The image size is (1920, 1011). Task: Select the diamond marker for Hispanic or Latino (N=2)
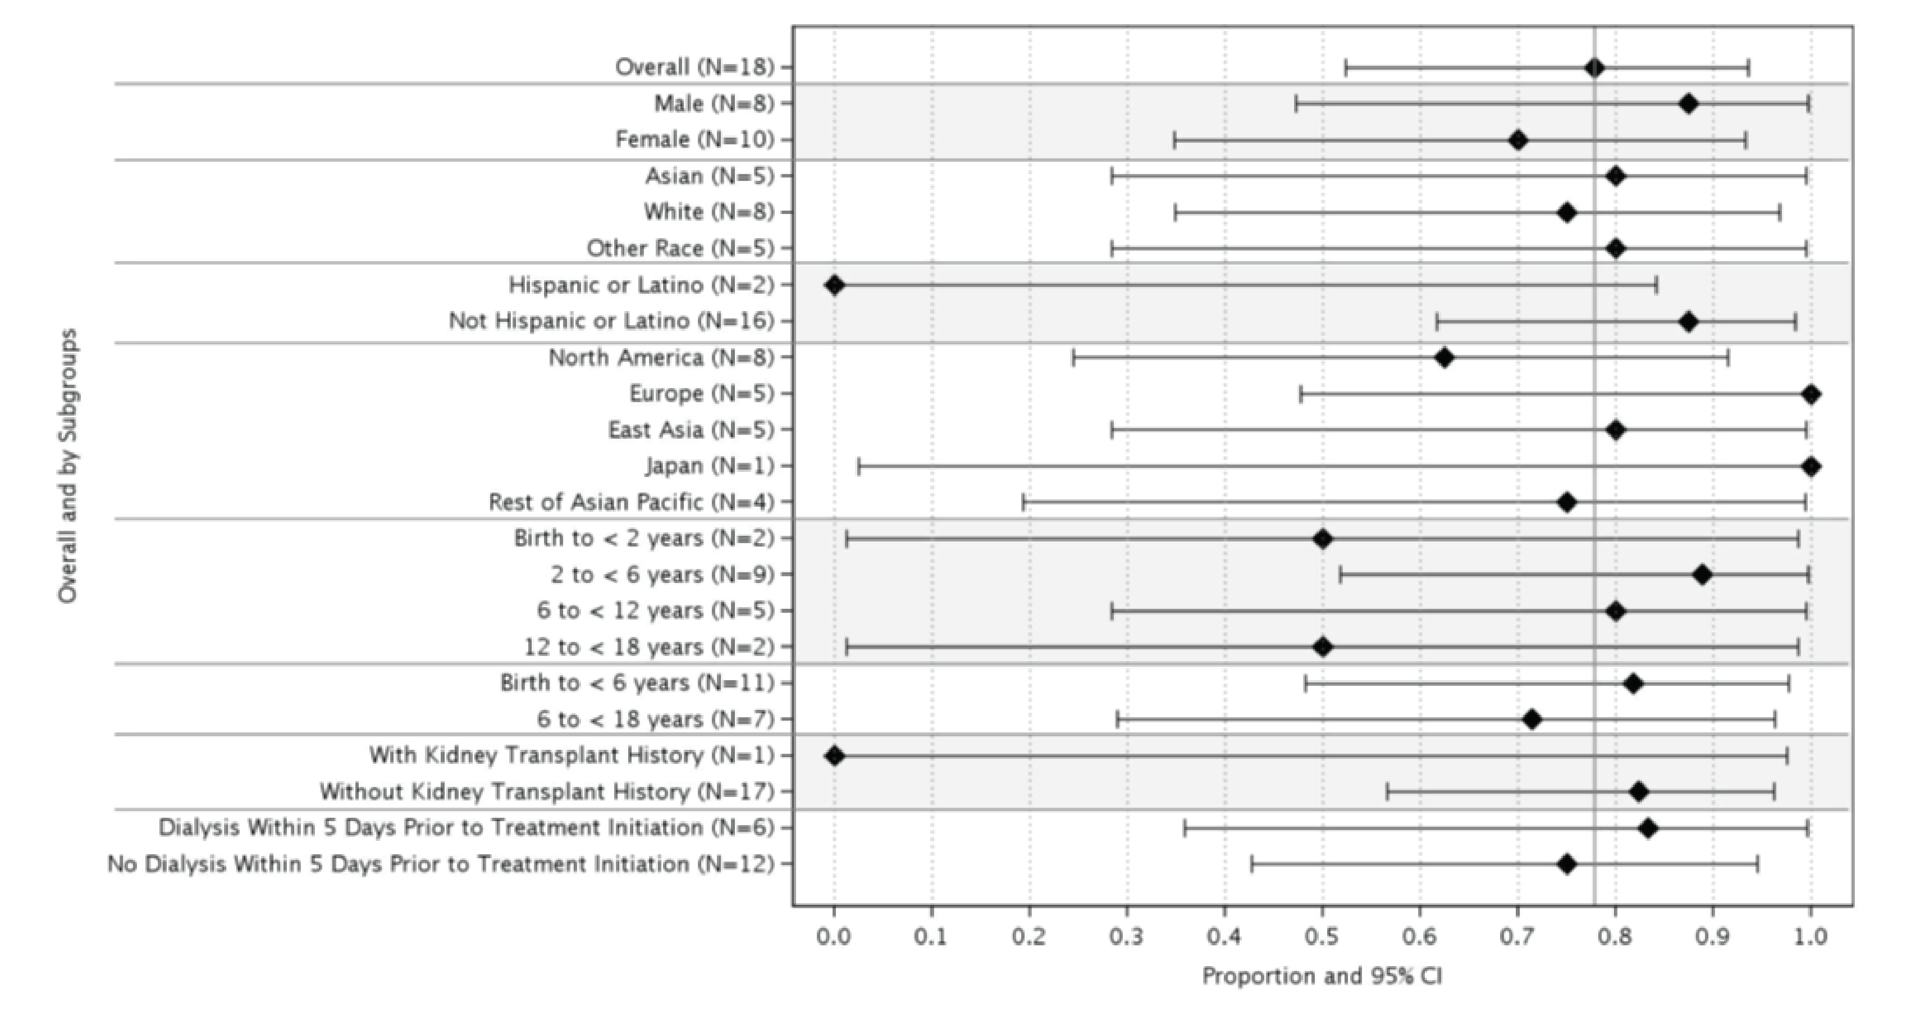pos(834,285)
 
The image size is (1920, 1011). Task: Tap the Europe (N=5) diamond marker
pos(1811,394)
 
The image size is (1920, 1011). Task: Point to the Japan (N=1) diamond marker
pos(1811,466)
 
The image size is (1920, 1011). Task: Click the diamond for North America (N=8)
pos(1444,358)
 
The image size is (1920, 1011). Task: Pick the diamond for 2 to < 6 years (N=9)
pos(1702,575)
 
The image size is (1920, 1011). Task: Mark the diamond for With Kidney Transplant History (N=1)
pos(834,756)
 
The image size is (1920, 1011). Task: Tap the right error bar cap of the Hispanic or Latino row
pos(1656,285)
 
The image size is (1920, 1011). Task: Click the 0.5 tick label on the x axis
pos(1322,936)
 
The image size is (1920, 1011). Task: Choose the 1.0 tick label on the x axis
pos(1810,936)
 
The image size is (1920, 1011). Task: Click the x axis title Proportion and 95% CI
pos(1322,977)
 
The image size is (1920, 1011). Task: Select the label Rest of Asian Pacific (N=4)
pos(632,503)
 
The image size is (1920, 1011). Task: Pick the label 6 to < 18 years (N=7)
pos(655,719)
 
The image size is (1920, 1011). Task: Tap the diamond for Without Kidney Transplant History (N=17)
pos(1638,792)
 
